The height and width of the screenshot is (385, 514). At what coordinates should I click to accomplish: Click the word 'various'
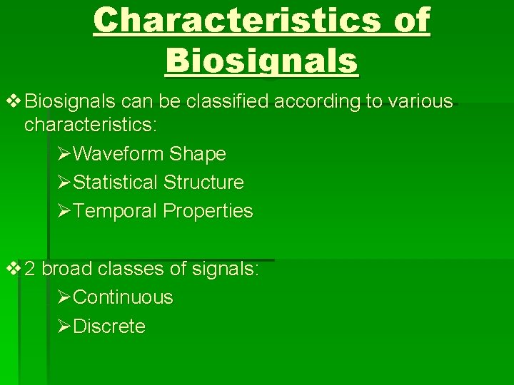click(x=420, y=101)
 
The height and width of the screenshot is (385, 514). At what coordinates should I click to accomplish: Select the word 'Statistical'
click(x=116, y=183)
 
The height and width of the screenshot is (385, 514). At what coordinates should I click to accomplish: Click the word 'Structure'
click(x=203, y=183)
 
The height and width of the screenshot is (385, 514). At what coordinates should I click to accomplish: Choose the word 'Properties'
click(x=208, y=211)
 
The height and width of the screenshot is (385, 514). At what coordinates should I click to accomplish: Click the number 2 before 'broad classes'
click(x=30, y=269)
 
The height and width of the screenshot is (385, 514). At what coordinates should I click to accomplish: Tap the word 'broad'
click(x=67, y=269)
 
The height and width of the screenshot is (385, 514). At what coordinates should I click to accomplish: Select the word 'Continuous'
click(x=123, y=297)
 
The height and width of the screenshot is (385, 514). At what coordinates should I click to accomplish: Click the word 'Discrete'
click(x=109, y=327)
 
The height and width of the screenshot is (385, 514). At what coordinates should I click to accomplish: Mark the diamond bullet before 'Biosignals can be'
click(x=14, y=101)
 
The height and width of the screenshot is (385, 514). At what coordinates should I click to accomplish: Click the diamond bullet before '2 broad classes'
click(x=14, y=269)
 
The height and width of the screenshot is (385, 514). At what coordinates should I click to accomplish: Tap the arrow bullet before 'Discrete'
click(x=63, y=327)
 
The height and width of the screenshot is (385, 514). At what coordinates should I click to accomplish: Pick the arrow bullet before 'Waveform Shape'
click(x=63, y=154)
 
